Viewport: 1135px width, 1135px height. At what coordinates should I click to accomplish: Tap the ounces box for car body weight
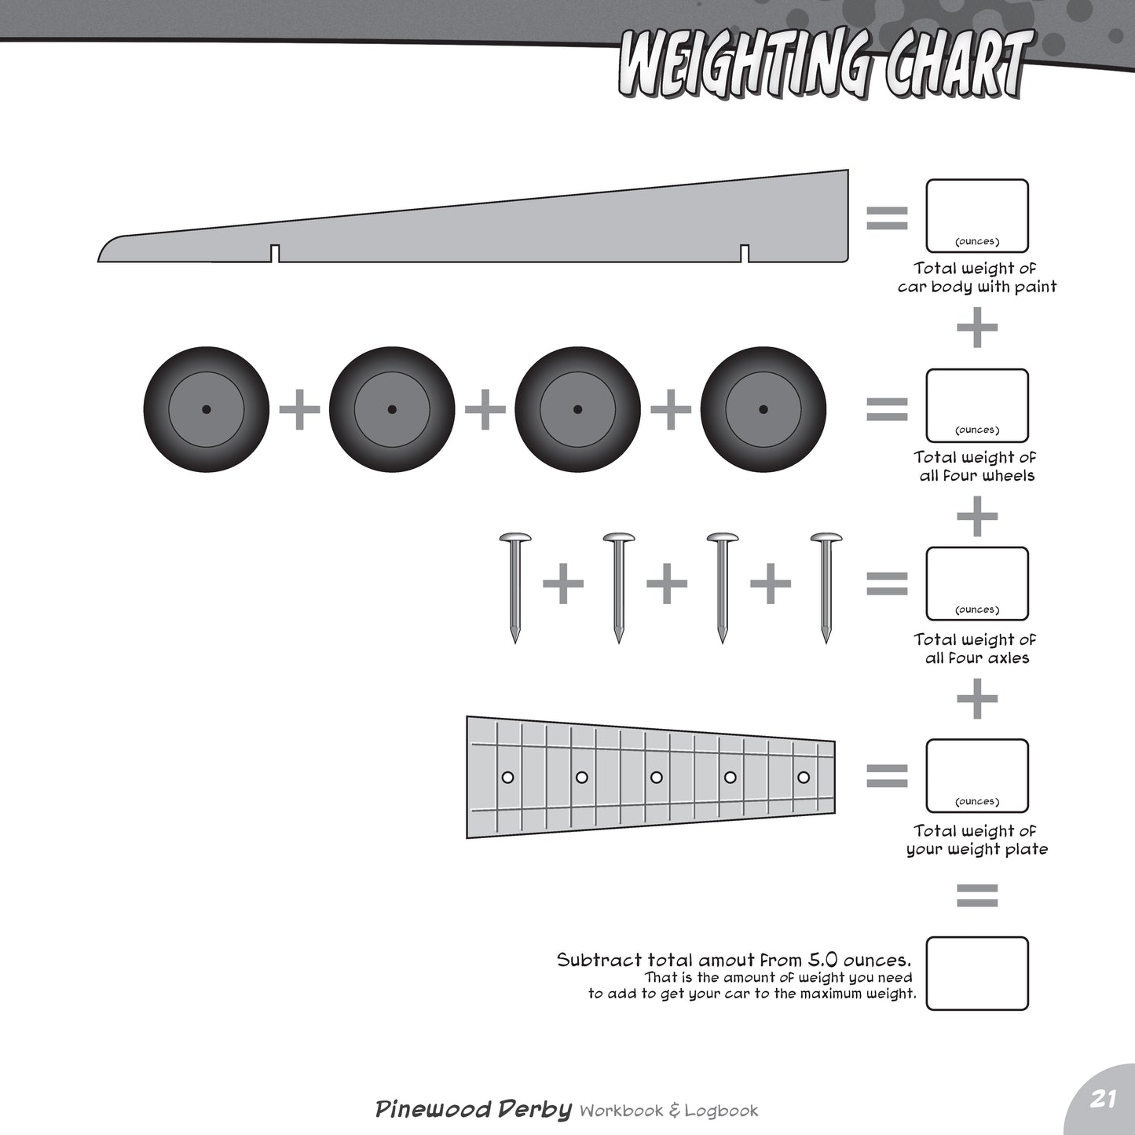pos(977,216)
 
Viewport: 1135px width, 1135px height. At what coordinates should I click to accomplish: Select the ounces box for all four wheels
pos(977,405)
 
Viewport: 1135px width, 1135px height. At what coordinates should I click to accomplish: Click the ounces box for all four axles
pos(977,584)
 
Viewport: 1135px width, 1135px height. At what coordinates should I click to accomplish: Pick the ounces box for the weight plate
pos(977,775)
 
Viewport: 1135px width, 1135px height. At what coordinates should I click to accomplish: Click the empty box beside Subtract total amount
pos(977,973)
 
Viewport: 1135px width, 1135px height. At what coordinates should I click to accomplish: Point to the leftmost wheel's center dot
pos(207,409)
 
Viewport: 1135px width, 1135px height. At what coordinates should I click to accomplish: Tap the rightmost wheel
pos(763,409)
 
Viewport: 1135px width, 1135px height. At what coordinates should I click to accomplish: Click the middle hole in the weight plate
pos(656,778)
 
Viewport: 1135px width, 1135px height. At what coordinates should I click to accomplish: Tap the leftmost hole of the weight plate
pos(507,778)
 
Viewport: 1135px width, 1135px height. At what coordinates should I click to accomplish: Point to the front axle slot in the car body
pos(275,253)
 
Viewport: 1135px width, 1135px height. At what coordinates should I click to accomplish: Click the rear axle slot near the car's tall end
pos(745,253)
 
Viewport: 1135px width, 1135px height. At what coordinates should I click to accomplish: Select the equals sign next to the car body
pos(887,218)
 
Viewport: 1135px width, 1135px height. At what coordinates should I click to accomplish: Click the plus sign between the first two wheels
pos(299,409)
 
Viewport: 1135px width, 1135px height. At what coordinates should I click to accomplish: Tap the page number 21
pos(1103,1099)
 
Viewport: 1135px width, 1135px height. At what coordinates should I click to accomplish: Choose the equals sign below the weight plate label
pos(977,895)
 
